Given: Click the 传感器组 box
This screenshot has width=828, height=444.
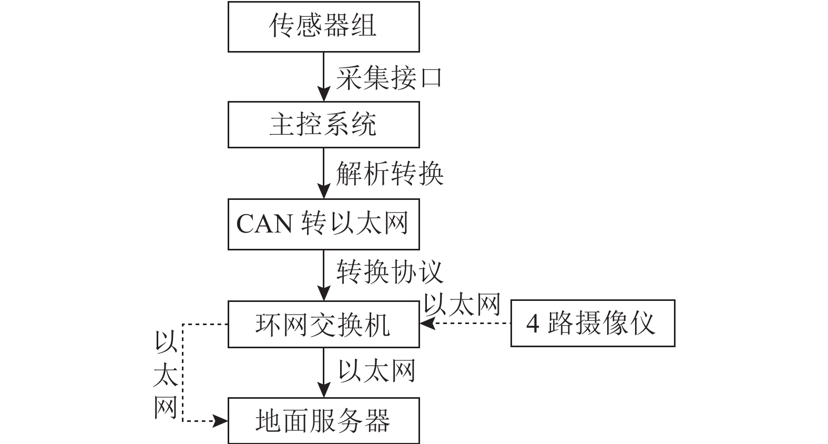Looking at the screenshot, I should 323,26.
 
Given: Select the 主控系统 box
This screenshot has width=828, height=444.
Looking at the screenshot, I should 323,125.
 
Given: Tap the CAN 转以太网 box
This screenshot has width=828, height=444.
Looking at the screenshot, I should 323,224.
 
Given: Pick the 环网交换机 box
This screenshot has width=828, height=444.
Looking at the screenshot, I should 323,324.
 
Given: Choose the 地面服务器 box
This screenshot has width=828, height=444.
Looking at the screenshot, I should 323,421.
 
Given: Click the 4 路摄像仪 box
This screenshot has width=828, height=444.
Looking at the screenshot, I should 592,323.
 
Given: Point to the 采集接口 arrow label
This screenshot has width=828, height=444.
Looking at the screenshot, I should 389,78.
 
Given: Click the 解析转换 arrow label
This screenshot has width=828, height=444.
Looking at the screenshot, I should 390,174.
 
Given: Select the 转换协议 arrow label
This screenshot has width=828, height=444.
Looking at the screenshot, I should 390,272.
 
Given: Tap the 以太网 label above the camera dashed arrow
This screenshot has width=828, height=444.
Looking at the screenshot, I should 462,305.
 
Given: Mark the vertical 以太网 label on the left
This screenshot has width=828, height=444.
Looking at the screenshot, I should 165,375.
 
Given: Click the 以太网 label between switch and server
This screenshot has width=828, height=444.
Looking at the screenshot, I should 376,371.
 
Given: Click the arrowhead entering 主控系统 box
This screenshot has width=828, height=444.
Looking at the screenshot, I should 324,95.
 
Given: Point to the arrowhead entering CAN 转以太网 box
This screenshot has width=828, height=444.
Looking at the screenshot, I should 324,192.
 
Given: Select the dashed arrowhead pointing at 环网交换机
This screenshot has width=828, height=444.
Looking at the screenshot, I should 426,324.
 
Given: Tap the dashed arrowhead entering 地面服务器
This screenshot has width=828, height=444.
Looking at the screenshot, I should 221,421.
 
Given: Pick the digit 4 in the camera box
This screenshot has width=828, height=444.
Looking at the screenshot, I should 533,324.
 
